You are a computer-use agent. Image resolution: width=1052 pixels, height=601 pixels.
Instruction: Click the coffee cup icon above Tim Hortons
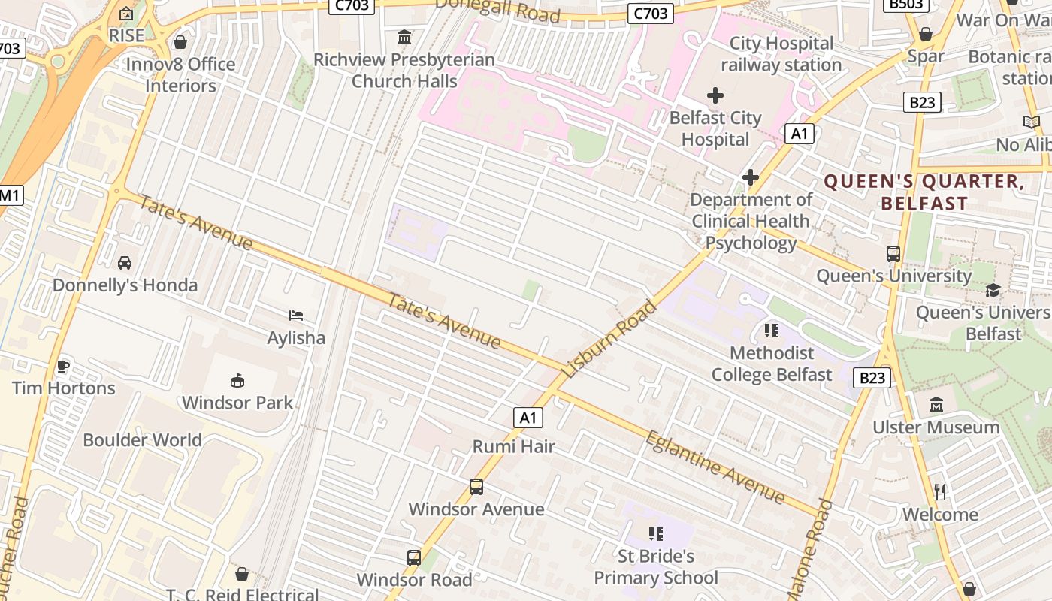pos(63,366)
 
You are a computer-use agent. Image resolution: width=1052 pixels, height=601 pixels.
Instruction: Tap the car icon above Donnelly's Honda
pos(125,263)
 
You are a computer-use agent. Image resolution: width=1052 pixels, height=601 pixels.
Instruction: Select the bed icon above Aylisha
pos(296,316)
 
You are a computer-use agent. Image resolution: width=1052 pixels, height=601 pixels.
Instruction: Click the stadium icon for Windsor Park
pos(237,380)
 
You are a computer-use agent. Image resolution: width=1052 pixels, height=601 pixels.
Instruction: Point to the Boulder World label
pos(142,440)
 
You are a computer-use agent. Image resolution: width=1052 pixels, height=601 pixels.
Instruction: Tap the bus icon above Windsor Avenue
pos(476,487)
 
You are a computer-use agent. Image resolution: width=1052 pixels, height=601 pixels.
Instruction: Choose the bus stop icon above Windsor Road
pos(414,557)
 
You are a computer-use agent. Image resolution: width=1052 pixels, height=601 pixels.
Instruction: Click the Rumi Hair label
pos(513,446)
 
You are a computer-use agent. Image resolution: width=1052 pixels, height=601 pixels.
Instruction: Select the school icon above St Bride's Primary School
pos(656,534)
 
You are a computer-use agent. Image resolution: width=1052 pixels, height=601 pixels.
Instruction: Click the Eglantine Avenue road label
pos(715,467)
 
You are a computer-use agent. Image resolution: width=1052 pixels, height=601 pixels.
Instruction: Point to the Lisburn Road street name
pos(609,339)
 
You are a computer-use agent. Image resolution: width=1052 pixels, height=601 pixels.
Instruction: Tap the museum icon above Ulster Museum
pos(936,405)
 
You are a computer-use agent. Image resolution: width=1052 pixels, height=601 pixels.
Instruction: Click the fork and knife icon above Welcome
pos(940,492)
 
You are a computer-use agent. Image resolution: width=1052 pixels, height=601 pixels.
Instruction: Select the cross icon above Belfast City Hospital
pos(715,95)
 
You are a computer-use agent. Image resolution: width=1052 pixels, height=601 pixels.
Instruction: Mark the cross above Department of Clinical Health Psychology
pos(750,177)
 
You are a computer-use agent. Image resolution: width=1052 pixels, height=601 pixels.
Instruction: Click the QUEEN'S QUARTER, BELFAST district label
pos(924,192)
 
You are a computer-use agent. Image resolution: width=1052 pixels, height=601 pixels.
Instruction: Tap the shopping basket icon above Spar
pos(926,34)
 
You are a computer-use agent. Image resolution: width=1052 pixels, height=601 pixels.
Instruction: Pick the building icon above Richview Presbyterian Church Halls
pos(404,37)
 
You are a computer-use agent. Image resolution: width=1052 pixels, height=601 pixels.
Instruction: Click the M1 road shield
pos(10,195)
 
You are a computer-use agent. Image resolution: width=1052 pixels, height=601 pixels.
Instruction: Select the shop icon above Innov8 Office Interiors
pos(180,42)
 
